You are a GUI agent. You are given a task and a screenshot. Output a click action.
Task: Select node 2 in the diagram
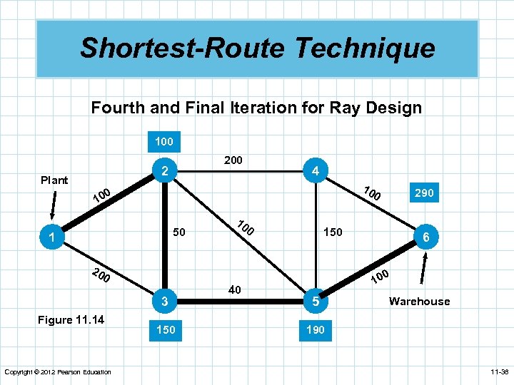coord(164,171)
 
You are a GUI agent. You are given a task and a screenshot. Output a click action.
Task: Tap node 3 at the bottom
coord(164,302)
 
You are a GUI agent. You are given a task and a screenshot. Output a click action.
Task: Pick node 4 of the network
coord(315,171)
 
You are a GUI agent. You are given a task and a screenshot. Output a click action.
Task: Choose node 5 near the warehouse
coord(315,302)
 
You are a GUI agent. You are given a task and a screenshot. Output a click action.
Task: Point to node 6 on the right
coord(425,237)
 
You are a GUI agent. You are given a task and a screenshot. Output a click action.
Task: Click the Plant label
coord(54,180)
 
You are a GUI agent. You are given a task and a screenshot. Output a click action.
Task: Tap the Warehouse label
coord(419,302)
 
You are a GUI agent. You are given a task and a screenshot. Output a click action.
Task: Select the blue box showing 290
coord(423,193)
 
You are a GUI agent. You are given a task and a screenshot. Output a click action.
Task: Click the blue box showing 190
coord(315,330)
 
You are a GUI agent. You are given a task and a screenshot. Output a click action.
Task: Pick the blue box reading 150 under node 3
coord(164,330)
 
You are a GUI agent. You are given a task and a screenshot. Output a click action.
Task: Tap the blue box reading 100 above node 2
coord(164,141)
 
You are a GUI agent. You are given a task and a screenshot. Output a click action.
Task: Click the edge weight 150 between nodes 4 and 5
coord(332,232)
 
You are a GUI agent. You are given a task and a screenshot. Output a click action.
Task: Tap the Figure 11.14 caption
coord(71,319)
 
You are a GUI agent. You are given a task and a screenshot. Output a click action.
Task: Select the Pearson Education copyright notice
coord(57,372)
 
